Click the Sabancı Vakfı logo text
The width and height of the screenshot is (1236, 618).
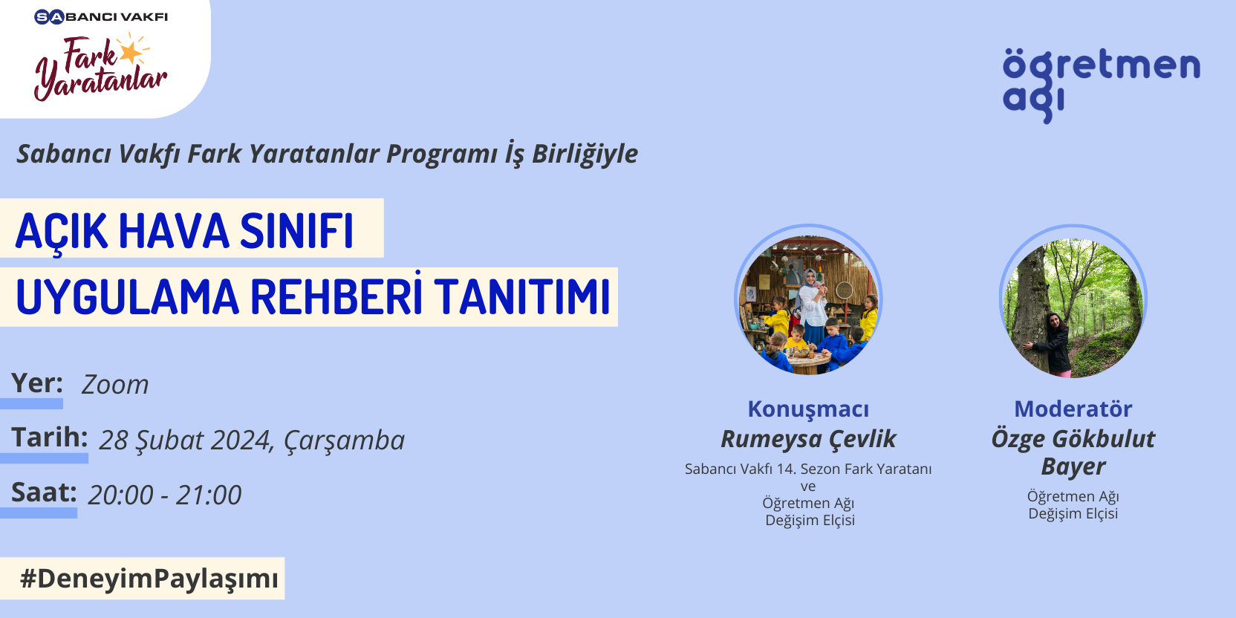[101, 17]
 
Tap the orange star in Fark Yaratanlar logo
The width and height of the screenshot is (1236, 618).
[131, 52]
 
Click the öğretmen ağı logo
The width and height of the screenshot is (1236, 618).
[1101, 85]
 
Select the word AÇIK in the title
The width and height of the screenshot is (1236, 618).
[61, 232]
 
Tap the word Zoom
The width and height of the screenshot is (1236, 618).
[115, 385]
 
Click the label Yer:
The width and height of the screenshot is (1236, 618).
[36, 383]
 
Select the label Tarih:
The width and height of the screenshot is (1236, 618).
[50, 437]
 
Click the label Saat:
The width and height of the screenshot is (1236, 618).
[44, 492]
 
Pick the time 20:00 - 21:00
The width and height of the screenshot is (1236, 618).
[164, 495]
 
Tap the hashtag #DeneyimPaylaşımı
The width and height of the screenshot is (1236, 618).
[149, 579]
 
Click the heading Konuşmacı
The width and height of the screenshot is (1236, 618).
[808, 409]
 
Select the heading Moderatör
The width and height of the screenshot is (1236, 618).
[1073, 409]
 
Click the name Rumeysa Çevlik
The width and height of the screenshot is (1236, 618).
[808, 439]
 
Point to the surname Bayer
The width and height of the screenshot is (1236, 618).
[1073, 467]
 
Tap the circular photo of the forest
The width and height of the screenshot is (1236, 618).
[1073, 301]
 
